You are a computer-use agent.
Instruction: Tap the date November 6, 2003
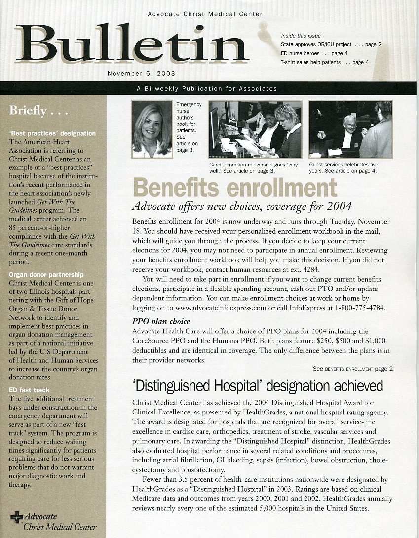141,73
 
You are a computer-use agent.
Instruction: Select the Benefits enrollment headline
234,188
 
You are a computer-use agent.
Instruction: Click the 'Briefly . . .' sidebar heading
38,111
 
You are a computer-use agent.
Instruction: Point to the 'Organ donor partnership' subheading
46,274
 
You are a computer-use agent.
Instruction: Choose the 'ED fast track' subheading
29,390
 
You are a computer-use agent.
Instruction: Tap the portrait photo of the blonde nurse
152,129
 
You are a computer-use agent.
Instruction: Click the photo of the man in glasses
350,129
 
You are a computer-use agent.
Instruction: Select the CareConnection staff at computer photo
255,129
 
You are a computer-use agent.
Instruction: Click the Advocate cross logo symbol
16,517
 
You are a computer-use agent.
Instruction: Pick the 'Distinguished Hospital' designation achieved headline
258,385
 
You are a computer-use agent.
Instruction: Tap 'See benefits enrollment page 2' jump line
352,369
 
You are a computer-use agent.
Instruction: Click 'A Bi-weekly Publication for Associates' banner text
207,89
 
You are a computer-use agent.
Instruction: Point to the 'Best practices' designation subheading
52,133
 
